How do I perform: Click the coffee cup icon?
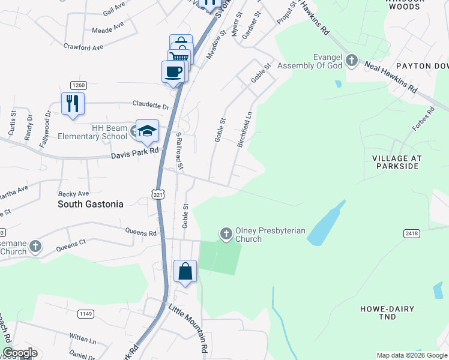173,71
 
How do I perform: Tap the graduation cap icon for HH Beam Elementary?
147,130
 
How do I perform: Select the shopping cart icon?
178,58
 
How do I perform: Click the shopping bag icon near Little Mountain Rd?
185,271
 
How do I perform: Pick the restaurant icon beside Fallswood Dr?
73,103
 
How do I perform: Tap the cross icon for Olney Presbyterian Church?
226,233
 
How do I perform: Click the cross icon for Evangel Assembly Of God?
351,61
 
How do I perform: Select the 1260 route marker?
79,85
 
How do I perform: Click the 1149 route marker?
86,313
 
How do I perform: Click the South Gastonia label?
90,204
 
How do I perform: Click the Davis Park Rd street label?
134,156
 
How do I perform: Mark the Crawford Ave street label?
83,46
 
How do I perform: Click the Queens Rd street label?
140,232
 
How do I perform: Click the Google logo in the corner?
20,353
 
